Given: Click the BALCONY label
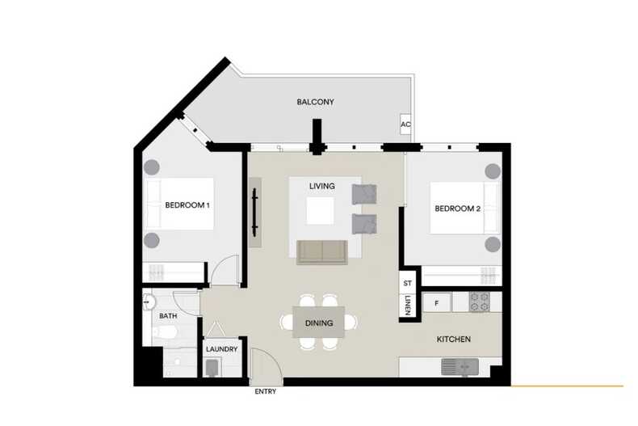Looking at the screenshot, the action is [x=315, y=102].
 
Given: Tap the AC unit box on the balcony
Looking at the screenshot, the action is [x=405, y=124].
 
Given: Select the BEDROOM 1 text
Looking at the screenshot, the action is [x=187, y=205].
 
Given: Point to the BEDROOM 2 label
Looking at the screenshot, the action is [x=458, y=209].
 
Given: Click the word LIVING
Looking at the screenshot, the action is [x=322, y=186].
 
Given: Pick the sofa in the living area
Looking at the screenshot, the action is [x=322, y=252].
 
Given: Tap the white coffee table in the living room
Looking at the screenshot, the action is [x=321, y=210].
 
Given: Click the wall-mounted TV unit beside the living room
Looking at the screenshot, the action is [x=255, y=212].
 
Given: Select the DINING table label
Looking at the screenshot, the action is [x=319, y=323].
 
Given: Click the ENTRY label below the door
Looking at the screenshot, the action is [x=265, y=391].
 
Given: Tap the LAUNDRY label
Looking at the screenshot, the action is [x=222, y=349].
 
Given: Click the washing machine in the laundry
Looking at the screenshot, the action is [x=212, y=368].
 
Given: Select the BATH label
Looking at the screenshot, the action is [x=168, y=315].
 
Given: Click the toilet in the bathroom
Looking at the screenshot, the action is [x=165, y=333].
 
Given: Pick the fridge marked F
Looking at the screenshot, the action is [x=437, y=303].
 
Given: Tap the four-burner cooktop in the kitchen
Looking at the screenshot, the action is [x=480, y=302].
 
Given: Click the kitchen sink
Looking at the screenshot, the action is [x=460, y=366].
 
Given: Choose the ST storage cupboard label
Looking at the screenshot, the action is [x=408, y=283].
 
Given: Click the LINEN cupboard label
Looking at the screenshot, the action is [x=408, y=305].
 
